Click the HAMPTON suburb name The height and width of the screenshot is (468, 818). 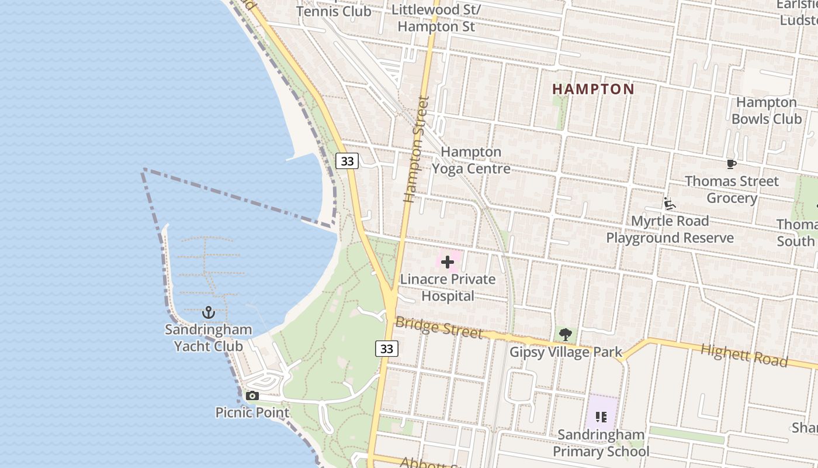tap(593, 89)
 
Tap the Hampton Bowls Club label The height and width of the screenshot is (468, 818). tap(767, 111)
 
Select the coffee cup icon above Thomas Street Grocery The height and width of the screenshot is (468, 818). tap(731, 164)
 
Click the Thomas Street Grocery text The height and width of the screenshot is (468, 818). tap(732, 190)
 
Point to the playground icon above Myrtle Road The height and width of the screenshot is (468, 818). tap(670, 204)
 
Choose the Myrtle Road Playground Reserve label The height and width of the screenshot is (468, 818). tap(670, 229)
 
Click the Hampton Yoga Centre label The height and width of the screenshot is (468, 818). tap(471, 160)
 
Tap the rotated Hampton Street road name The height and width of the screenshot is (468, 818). tap(417, 149)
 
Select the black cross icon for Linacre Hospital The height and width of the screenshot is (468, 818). tap(448, 261)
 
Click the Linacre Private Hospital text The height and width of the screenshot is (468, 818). tap(448, 287)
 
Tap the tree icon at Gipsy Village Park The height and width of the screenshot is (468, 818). tap(565, 335)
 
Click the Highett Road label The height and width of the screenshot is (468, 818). tap(744, 355)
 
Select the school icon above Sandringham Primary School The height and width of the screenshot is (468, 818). tap(601, 417)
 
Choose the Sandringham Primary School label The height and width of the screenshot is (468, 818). tap(601, 443)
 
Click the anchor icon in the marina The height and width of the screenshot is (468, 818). tap(208, 312)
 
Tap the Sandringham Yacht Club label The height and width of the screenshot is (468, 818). tap(208, 338)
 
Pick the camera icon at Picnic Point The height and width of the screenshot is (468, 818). tap(252, 396)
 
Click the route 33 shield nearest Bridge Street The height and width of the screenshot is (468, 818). tap(386, 349)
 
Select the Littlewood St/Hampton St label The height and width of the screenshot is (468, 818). tap(436, 18)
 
